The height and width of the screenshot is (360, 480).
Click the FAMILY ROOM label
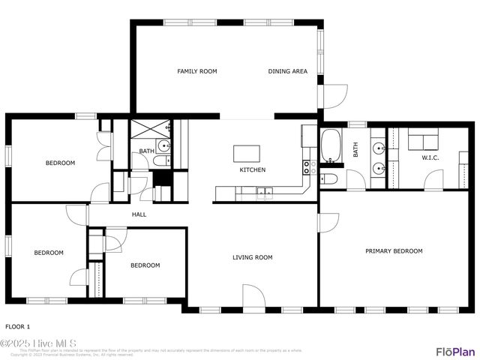[196, 71]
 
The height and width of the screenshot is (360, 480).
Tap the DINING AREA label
[288, 71]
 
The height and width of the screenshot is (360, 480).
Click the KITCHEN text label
[253, 170]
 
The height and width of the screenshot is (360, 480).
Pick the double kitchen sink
[262, 193]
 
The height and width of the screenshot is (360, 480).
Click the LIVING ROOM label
[252, 257]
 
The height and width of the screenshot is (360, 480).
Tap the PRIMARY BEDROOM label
[394, 251]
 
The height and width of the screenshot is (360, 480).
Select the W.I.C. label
[430, 157]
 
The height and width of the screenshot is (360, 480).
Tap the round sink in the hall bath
[164, 145]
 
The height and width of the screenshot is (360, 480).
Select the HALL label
[139, 214]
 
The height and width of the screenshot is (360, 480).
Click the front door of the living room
[253, 297]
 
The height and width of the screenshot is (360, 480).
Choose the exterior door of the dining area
[334, 95]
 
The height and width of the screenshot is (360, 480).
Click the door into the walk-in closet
[433, 180]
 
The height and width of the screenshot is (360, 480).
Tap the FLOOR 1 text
[18, 326]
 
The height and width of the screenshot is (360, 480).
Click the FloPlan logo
[455, 351]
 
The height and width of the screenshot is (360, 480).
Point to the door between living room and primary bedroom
[327, 223]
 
